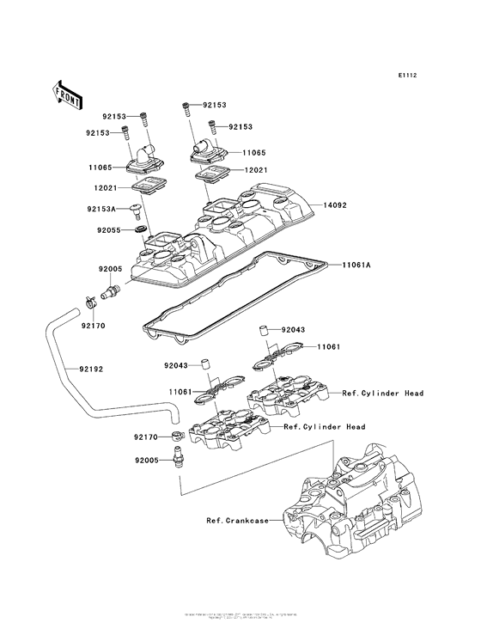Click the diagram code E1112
click(x=407, y=76)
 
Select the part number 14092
click(x=337, y=206)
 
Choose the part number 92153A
click(x=101, y=208)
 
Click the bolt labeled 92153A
click(x=136, y=209)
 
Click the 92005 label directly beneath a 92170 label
click(x=147, y=460)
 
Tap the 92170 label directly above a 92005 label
click(x=147, y=437)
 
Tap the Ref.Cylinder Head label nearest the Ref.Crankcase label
click(x=325, y=427)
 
